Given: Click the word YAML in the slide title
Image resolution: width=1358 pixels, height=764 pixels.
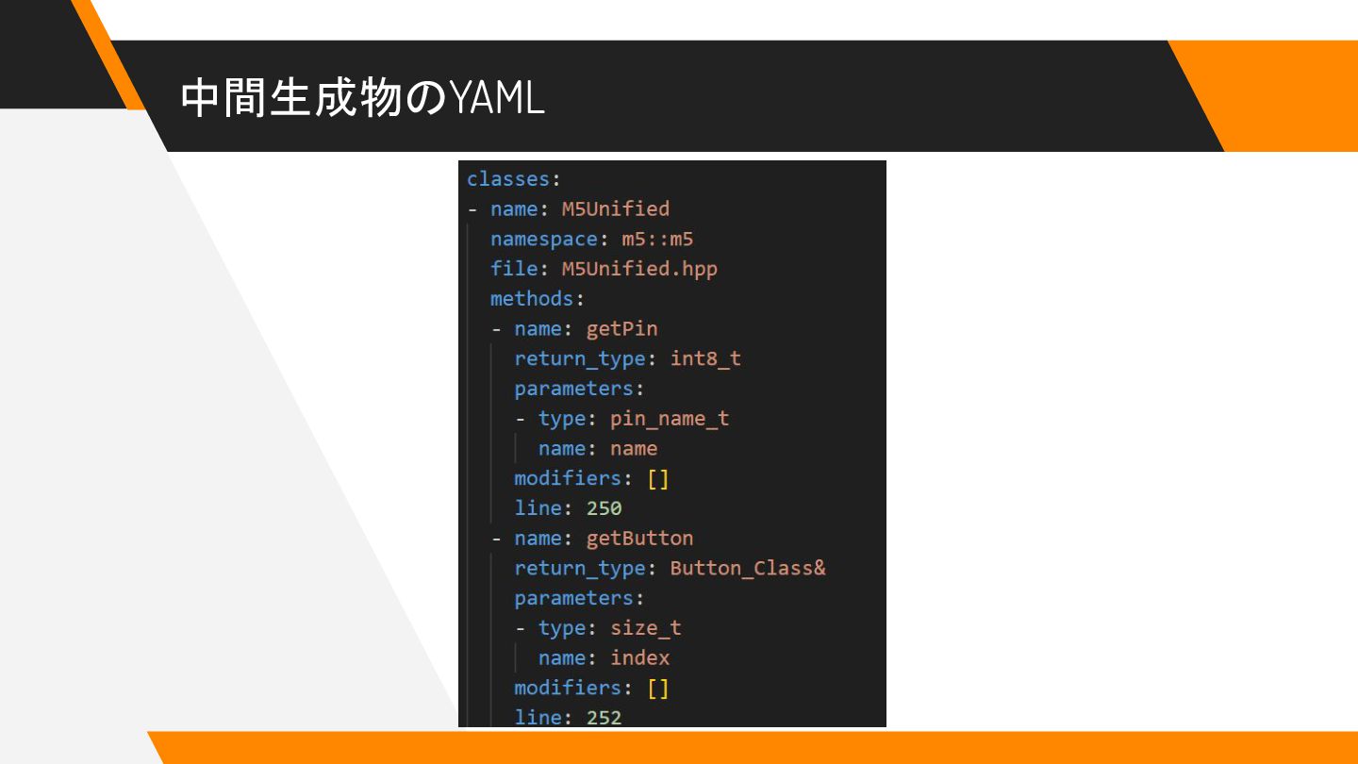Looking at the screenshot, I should (497, 98).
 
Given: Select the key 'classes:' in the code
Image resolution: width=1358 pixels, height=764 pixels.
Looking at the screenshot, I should (513, 178).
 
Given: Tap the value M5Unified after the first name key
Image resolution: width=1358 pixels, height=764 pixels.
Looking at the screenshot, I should (615, 208).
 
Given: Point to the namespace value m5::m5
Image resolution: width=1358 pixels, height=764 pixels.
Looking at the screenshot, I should (657, 239).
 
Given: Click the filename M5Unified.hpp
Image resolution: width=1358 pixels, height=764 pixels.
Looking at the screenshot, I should (639, 269).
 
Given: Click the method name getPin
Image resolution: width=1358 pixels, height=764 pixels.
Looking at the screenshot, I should (621, 328).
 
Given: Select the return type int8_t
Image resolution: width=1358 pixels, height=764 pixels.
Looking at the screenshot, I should (705, 358).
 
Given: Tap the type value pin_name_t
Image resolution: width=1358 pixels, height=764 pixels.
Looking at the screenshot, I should (670, 419).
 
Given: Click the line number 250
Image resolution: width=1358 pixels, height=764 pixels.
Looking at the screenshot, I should (604, 508).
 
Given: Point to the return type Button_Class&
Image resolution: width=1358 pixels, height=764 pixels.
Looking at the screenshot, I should (747, 569).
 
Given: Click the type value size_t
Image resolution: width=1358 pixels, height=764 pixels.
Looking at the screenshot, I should (645, 628).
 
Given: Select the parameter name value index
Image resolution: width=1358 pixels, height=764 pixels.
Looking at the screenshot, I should (639, 658).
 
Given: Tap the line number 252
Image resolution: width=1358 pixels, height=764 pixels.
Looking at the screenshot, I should (604, 718).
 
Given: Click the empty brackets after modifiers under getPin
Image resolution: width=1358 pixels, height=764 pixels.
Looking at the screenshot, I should (657, 478).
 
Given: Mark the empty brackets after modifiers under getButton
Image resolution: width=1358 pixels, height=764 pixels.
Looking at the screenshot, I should (657, 688).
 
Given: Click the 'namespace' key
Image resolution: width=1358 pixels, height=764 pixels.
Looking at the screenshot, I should (543, 239).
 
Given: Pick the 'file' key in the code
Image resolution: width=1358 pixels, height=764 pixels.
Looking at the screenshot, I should (512, 269).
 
